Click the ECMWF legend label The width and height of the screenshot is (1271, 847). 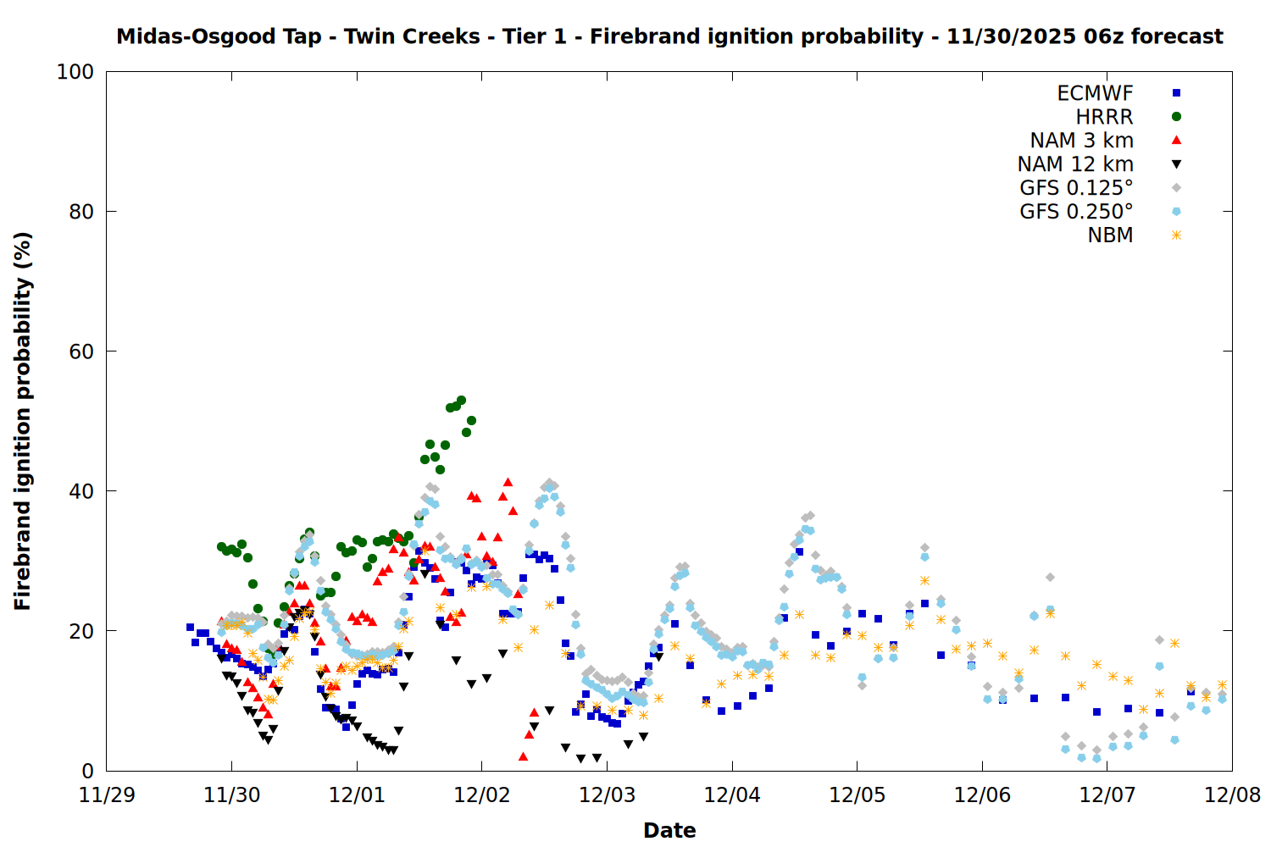coord(1095,93)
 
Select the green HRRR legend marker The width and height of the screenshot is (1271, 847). coord(1176,117)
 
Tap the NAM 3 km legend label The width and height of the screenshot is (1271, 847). coord(1081,141)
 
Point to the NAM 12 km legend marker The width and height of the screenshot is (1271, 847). coord(1176,164)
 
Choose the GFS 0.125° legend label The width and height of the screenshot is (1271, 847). coord(1076,188)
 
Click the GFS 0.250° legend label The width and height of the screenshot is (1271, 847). coord(1076,212)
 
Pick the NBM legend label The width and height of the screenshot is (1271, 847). coord(1110,235)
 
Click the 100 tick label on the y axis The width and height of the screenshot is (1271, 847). coord(75,72)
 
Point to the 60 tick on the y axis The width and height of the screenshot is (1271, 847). coord(107,352)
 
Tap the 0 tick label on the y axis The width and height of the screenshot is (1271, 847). coord(87,771)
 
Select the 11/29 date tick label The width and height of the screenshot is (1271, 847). coord(107,795)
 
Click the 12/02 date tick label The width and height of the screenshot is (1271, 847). coord(482,795)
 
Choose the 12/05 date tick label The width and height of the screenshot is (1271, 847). coord(858,795)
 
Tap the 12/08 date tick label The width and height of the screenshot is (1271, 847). coord(1232,795)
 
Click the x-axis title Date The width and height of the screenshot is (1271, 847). coord(669,830)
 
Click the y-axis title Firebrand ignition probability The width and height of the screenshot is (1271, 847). coord(23,421)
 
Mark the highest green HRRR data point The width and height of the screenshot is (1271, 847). coord(461,400)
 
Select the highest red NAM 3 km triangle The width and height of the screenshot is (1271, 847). coord(508,482)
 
